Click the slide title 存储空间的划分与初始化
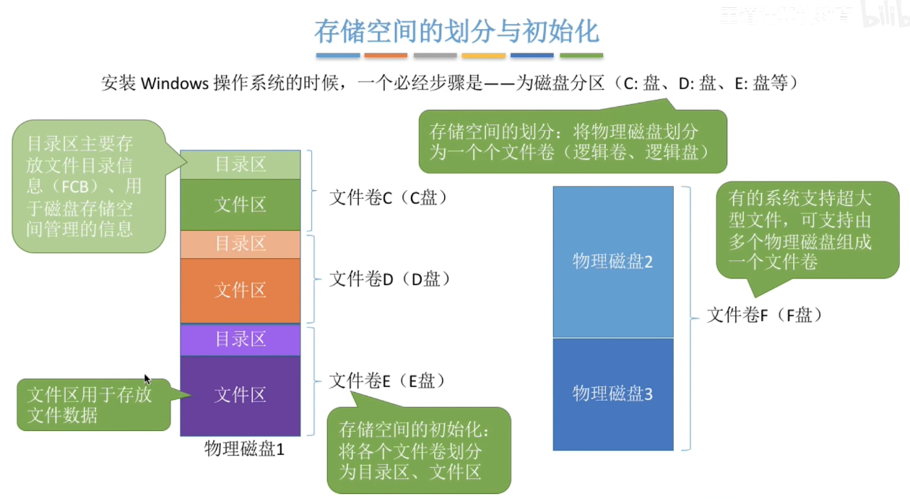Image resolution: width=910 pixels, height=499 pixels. point(456,32)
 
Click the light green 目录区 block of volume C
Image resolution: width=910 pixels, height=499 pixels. point(240,165)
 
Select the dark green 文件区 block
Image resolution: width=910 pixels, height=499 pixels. point(240,205)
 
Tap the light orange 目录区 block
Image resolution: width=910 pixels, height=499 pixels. point(240,244)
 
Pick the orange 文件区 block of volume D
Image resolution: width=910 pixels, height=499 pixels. point(240,290)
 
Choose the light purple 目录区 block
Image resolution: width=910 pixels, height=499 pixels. point(240,339)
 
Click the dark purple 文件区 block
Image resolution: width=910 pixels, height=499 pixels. point(240,395)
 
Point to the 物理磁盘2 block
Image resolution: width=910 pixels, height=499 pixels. point(612,261)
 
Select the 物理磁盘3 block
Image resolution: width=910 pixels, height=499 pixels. point(612,394)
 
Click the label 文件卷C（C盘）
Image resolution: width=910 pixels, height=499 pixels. point(389,197)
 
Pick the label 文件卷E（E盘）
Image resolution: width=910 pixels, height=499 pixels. point(387,381)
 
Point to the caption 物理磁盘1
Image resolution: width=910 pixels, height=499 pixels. point(244,449)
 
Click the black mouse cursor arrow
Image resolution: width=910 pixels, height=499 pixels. point(147,378)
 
